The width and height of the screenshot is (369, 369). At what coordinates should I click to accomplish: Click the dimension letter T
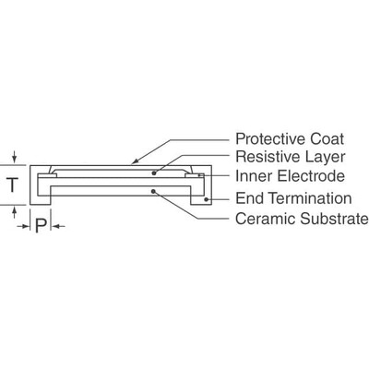(12, 184)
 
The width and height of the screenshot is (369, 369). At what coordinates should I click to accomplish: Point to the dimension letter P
(40, 225)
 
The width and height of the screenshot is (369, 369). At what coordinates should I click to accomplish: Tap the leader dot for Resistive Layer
(154, 172)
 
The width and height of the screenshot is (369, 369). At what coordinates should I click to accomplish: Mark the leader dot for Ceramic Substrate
(154, 191)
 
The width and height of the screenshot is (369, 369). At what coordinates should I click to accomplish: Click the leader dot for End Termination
(208, 198)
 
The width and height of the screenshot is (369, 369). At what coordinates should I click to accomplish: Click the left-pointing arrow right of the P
(56, 225)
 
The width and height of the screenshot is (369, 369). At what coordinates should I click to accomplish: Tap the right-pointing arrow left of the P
(25, 225)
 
